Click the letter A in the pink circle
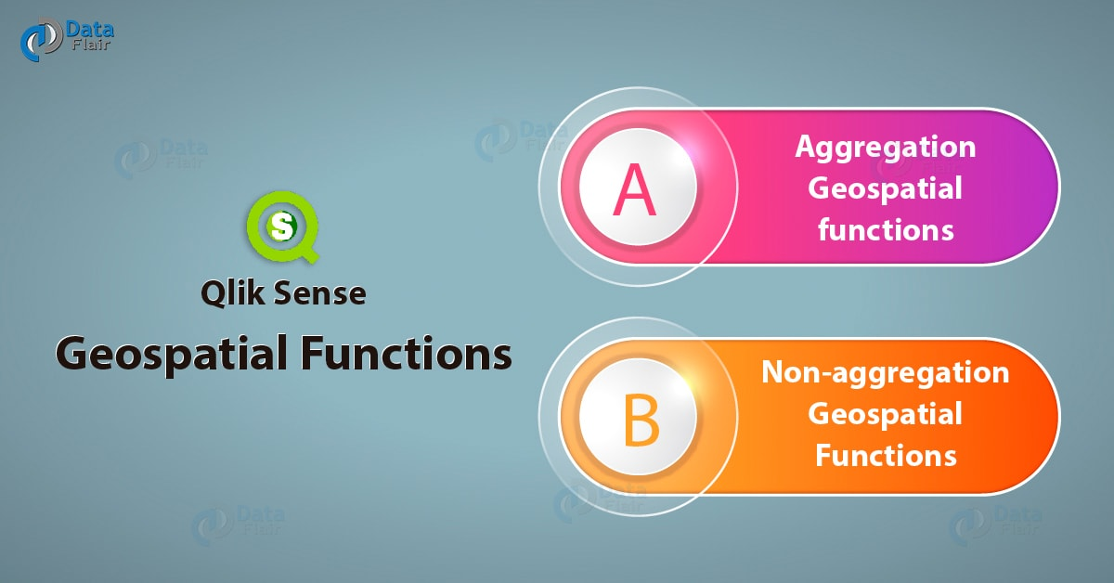634,190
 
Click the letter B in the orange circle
641,420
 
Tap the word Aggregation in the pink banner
886,148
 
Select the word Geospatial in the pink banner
885,189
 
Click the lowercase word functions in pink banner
886,230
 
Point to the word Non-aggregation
886,373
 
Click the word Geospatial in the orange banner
885,415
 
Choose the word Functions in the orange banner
886,456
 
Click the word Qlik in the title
232,292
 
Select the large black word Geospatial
172,354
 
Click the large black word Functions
406,353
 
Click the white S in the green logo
282,227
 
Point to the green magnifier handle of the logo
309,253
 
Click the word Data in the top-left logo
89,30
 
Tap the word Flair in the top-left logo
91,45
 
